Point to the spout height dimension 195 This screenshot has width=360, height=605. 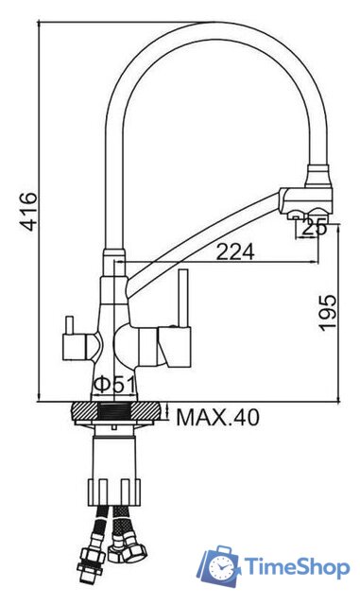[328, 312]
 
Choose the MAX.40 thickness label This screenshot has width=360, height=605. [217, 416]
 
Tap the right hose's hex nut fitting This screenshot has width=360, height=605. [123, 545]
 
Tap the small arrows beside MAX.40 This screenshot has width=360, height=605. [166, 414]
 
